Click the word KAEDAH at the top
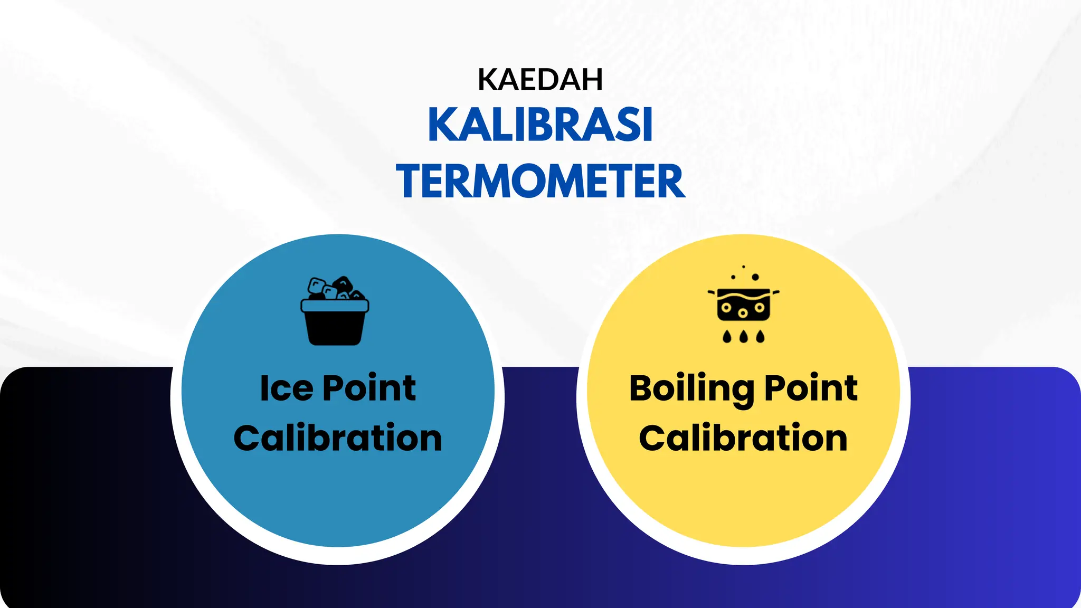(x=540, y=80)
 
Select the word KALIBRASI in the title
(x=540, y=125)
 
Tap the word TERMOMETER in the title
(x=540, y=182)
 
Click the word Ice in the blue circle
(x=287, y=389)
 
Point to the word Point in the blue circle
(x=369, y=389)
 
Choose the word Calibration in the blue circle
(x=338, y=439)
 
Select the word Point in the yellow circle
(x=811, y=389)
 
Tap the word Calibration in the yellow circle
(x=743, y=439)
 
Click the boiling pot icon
(x=743, y=306)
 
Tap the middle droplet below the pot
(x=743, y=336)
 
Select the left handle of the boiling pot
(x=712, y=292)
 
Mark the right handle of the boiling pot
(x=775, y=292)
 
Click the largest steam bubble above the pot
(x=755, y=277)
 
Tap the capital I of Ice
(x=264, y=389)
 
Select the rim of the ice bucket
(x=335, y=306)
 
